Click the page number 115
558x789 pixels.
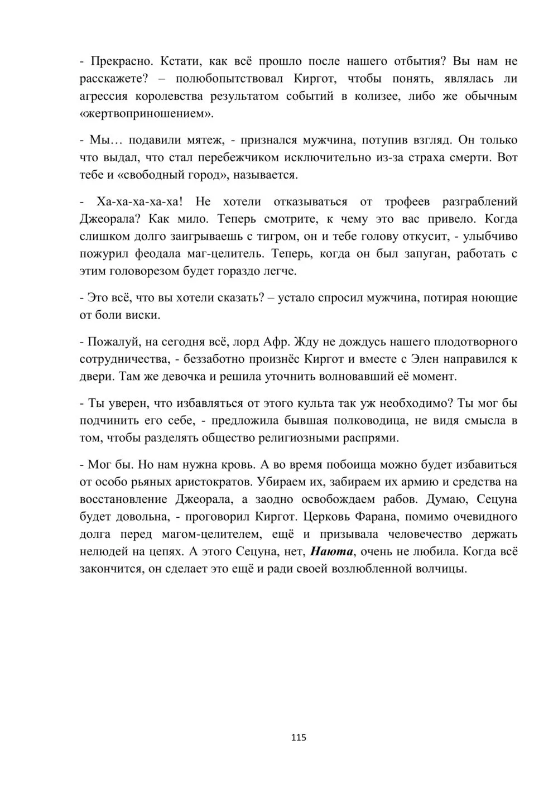pos(299,738)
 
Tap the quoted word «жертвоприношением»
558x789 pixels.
pos(147,113)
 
